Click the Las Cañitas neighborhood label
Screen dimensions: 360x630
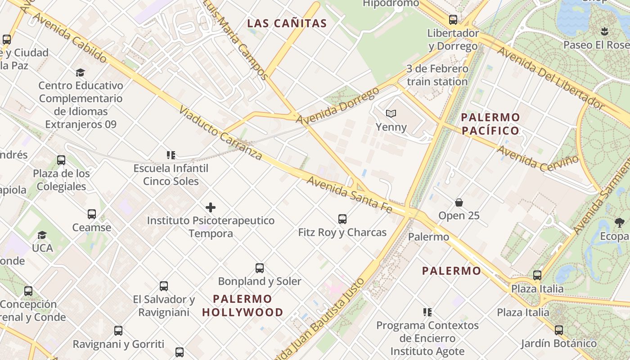[287, 23]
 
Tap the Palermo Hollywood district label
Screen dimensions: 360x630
[243, 306]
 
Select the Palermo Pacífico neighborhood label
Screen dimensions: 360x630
[490, 124]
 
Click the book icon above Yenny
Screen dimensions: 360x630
[391, 114]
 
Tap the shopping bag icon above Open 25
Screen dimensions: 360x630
[459, 202]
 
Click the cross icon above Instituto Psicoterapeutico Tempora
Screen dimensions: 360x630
[210, 207]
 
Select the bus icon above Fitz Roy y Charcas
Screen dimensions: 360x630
[342, 219]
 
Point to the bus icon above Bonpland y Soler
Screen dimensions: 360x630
[260, 268]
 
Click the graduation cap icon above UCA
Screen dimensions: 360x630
[42, 235]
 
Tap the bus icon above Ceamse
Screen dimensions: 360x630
[92, 214]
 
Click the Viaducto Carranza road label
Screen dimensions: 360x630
[220, 133]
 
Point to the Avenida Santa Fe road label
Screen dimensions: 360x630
[350, 194]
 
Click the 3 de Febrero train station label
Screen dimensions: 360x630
[437, 75]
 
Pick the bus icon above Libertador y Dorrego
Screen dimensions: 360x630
[453, 20]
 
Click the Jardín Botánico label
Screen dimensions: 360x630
[559, 343]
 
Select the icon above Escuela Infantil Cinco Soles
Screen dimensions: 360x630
[171, 155]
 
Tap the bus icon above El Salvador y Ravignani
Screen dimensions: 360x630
[164, 286]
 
